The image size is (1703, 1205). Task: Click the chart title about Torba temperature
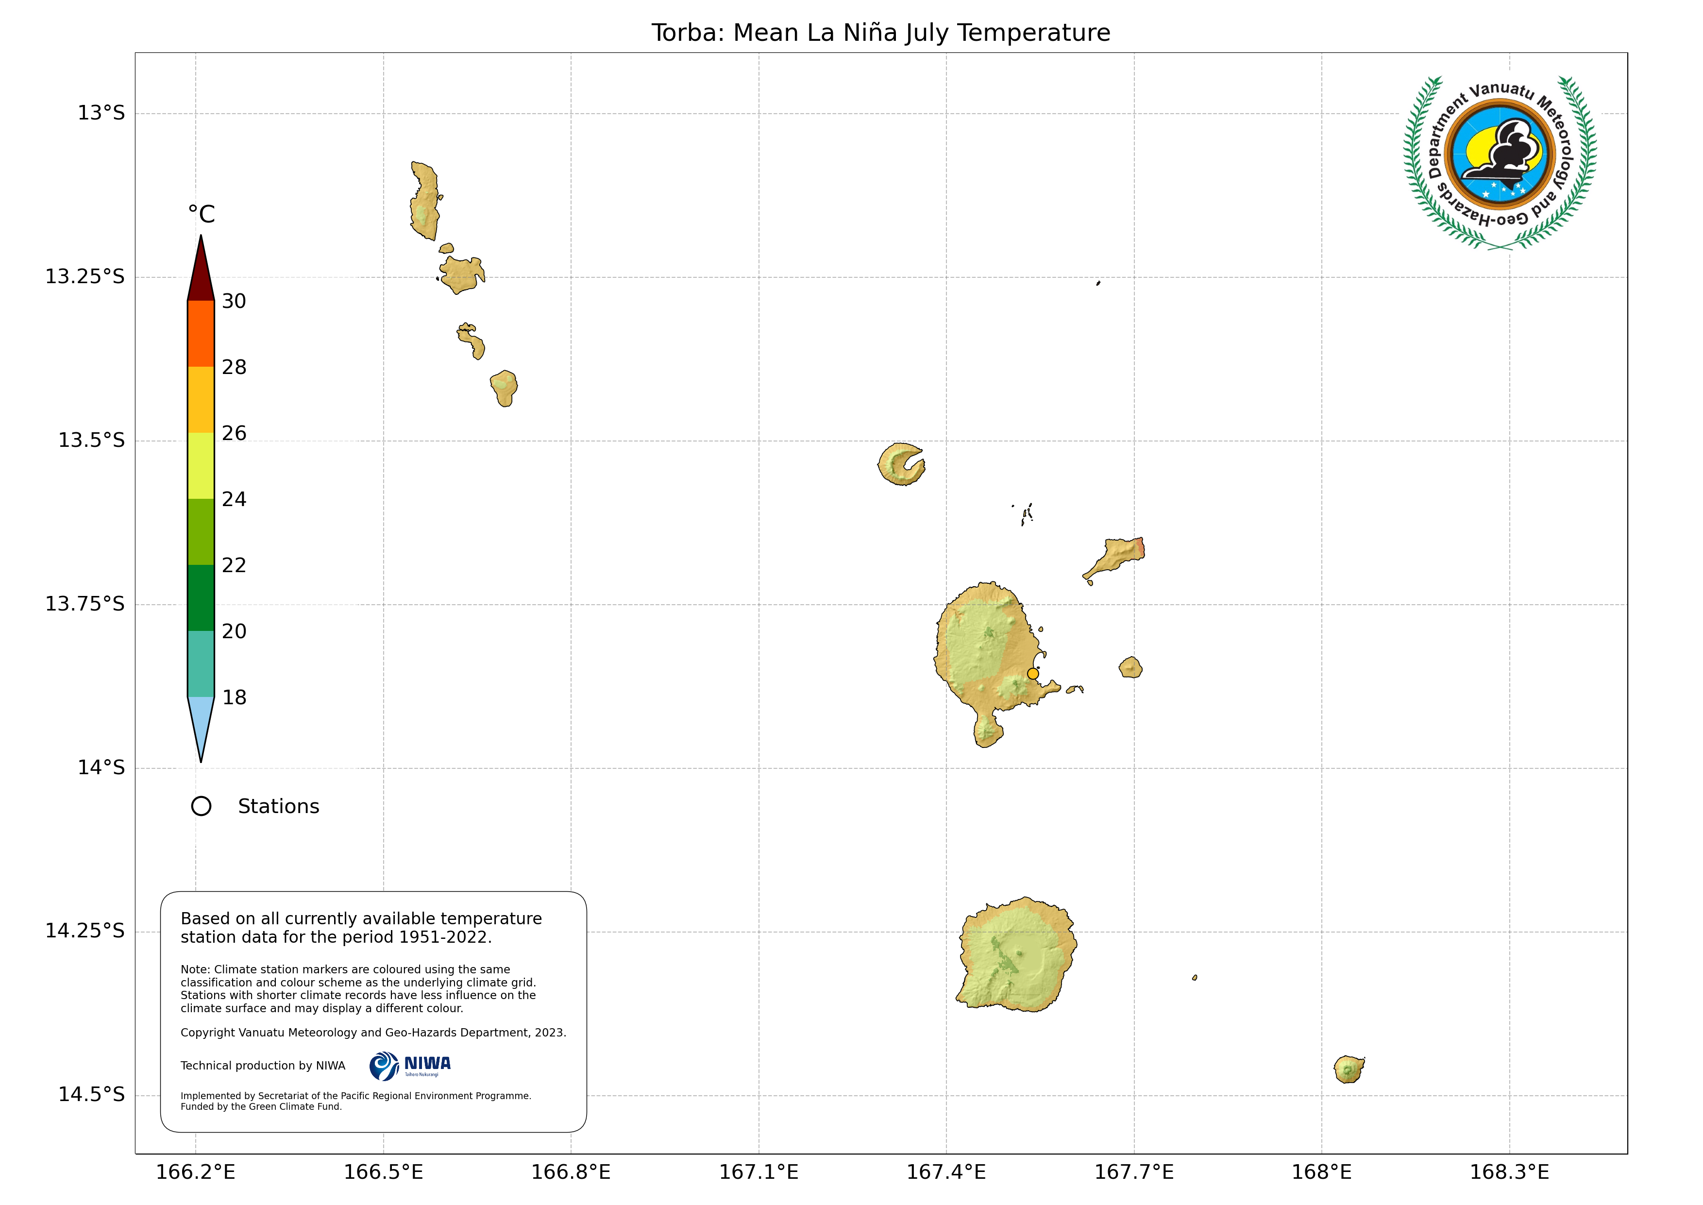(x=880, y=33)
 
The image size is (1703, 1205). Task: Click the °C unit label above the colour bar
(x=201, y=215)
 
